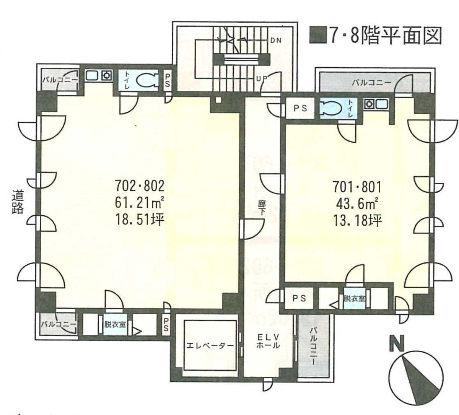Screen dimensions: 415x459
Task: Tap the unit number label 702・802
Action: click(140, 186)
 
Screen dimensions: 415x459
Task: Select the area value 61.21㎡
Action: click(140, 203)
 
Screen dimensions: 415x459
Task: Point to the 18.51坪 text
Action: click(140, 220)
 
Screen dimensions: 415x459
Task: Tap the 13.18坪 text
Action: click(357, 220)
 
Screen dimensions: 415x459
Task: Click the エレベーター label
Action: click(210, 345)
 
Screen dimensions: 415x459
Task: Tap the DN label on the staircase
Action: click(276, 40)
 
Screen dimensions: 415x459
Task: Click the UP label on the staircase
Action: click(261, 78)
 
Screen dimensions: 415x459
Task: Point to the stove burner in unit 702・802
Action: click(106, 75)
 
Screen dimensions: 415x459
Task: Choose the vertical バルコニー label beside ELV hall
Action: click(313, 346)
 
